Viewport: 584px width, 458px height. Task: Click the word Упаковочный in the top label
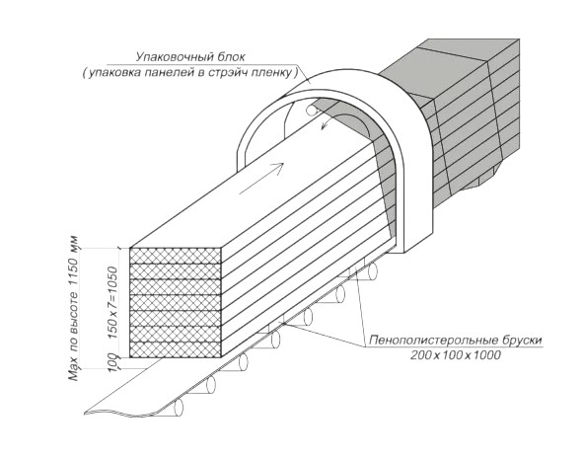171,57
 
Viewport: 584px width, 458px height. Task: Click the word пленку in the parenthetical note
274,72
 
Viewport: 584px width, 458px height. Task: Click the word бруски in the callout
509,341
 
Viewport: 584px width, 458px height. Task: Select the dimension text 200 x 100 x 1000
456,355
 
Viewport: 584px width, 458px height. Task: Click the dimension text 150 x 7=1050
112,302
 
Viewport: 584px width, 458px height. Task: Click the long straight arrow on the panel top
261,179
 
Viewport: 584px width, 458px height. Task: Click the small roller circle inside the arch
312,110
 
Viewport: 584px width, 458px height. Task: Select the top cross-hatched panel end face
175,256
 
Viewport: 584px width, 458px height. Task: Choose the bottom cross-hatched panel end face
175,349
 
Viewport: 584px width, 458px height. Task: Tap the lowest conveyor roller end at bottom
180,408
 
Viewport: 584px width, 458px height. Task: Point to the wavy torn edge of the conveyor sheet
123,413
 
